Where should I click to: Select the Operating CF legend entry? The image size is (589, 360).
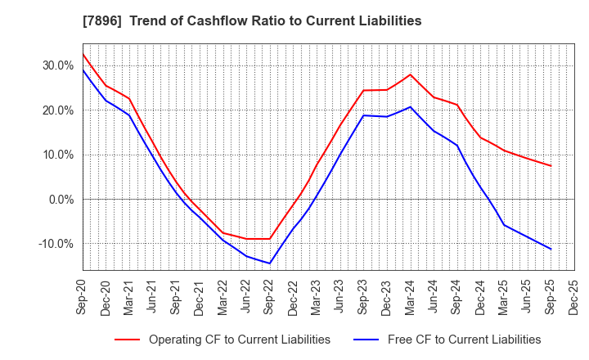click(239, 339)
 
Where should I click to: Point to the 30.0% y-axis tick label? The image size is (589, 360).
click(57, 65)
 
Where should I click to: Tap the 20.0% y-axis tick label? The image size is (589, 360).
click(57, 110)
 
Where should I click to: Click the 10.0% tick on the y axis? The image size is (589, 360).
click(57, 155)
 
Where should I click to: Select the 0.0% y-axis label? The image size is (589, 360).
click(61, 199)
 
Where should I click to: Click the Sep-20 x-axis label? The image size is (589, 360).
click(83, 296)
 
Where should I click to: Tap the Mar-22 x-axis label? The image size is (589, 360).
click(223, 296)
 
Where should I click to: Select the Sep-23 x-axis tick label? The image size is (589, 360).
click(363, 296)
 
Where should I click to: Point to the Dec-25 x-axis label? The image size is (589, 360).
click(574, 296)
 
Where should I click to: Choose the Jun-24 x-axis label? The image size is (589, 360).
click(434, 296)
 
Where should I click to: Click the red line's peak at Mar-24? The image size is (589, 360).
click(411, 74)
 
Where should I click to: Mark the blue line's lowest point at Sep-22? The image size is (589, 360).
click(270, 263)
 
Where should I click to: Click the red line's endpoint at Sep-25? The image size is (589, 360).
click(551, 166)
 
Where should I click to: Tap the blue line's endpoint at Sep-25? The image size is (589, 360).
click(551, 250)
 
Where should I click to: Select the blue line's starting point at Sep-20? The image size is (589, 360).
click(83, 70)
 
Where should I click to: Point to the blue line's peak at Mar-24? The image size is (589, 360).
click(411, 106)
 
